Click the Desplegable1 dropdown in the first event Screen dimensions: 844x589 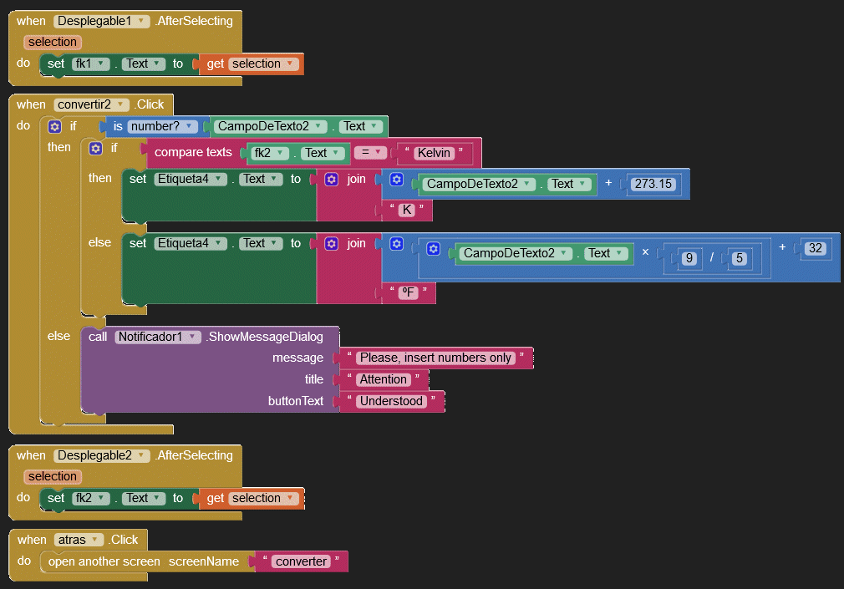(101, 21)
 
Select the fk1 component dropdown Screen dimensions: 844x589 (90, 63)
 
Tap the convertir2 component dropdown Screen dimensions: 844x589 (91, 104)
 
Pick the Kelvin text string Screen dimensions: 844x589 (434, 153)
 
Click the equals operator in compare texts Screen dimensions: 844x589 (370, 152)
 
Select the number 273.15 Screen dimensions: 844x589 (653, 184)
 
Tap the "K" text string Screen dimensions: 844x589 (407, 210)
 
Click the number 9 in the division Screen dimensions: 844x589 (689, 258)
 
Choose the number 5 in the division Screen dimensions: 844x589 (739, 258)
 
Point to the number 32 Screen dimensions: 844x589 (816, 248)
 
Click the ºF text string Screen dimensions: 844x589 (409, 292)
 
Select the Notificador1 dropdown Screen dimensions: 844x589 (158, 337)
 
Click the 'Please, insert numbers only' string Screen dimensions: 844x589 (435, 358)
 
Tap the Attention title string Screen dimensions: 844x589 (384, 379)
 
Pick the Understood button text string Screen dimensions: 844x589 (391, 401)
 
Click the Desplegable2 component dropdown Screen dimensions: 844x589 (101, 455)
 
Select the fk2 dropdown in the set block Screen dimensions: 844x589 (90, 498)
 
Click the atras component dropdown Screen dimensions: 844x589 (79, 540)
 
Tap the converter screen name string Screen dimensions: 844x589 (302, 561)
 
